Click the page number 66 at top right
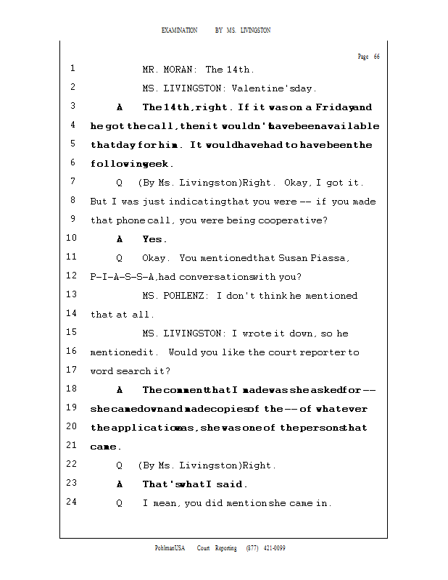(377, 57)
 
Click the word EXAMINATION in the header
(180, 30)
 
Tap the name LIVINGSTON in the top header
(255, 30)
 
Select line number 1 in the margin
(73, 69)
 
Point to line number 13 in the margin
(71, 294)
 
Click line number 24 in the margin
(71, 502)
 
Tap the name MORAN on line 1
(179, 70)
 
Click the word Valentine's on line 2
(260, 89)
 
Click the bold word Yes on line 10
(154, 239)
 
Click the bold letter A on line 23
(120, 484)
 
